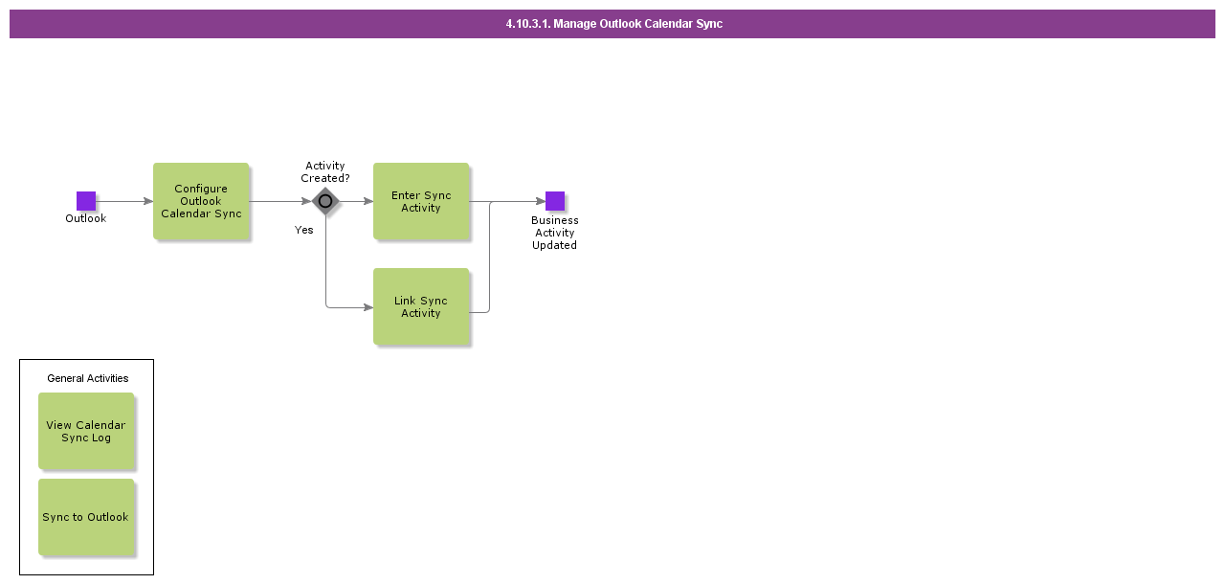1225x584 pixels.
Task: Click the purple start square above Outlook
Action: coord(86,201)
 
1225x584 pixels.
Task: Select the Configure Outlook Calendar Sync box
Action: coord(201,201)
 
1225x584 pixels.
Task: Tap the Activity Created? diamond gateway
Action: coord(325,201)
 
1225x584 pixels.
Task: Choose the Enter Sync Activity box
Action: coord(421,201)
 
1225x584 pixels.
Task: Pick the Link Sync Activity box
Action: coord(421,306)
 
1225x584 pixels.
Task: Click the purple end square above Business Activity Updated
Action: coord(554,201)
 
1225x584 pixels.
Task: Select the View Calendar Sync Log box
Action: coord(86,431)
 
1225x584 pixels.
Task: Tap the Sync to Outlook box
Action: coord(86,517)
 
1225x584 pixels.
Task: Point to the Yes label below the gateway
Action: coord(304,230)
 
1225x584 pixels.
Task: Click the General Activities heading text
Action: coord(87,378)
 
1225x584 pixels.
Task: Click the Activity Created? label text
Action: coord(325,171)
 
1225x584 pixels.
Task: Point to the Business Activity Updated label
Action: coord(554,233)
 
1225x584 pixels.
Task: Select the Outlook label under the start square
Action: coord(86,218)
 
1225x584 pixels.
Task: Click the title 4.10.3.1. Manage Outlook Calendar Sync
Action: coord(614,24)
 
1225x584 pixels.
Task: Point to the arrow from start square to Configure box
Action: coord(124,201)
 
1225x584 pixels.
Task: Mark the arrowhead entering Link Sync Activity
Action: coord(368,307)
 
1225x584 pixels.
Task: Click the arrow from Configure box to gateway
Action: coord(280,201)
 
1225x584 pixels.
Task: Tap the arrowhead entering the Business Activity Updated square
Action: coord(541,201)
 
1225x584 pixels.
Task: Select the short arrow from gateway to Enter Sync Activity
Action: coord(357,201)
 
